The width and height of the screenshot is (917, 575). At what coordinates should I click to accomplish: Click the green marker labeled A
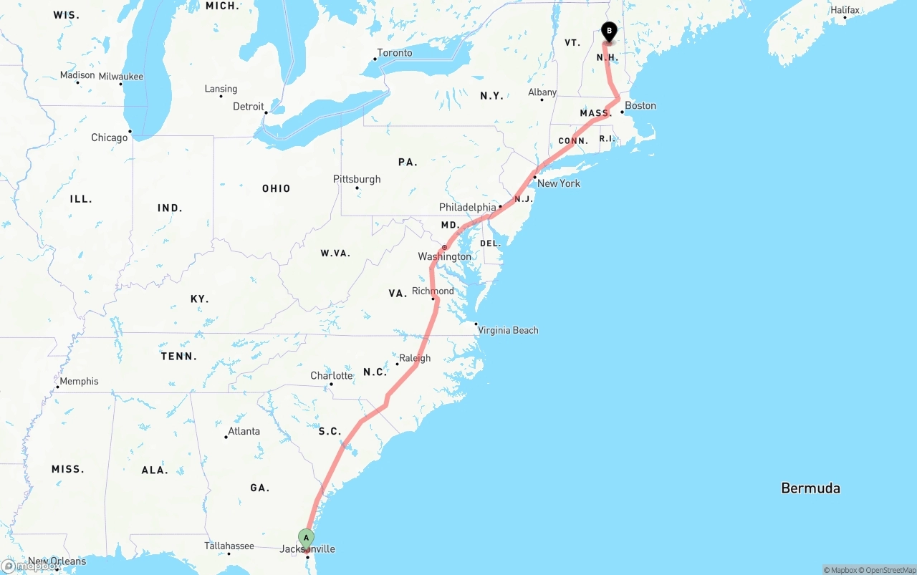tap(306, 538)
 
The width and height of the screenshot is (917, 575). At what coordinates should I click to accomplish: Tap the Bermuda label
tap(810, 488)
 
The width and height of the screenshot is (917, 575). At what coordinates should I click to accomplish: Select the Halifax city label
tap(845, 10)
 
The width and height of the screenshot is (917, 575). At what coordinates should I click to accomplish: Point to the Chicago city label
tap(109, 137)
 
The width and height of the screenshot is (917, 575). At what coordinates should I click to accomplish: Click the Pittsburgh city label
tap(357, 179)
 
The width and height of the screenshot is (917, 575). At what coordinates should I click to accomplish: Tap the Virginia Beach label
tap(508, 330)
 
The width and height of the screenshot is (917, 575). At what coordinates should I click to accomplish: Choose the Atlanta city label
tap(244, 431)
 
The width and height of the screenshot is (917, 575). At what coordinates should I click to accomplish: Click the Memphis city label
tap(79, 381)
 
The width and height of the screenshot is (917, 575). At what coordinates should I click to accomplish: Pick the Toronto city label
tap(394, 53)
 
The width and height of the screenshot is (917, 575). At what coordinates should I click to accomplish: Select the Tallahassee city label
tap(229, 546)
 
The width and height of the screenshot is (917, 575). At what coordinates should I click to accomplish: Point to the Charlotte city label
tap(331, 376)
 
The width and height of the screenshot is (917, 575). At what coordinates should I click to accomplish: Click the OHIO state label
tap(276, 188)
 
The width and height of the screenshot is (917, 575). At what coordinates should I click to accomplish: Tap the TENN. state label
tap(178, 356)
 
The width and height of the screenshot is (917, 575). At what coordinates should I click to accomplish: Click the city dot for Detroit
tap(266, 112)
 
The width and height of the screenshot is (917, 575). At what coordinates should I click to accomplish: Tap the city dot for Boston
tap(623, 112)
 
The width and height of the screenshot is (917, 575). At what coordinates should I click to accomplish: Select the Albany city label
tap(542, 92)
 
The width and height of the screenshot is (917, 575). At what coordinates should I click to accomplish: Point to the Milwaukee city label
tap(120, 77)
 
